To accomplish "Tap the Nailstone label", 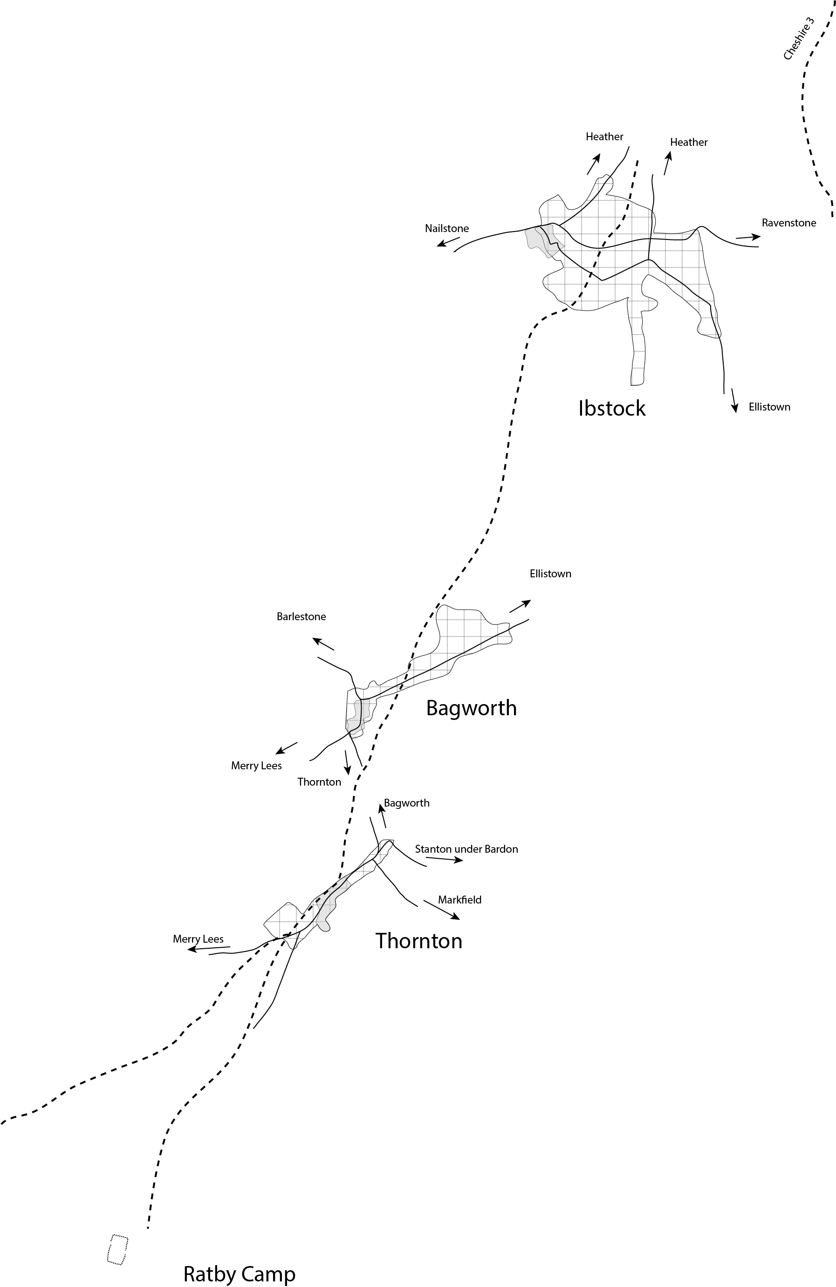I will [x=447, y=228].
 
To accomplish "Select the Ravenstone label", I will [x=788, y=223].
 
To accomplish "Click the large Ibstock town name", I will [x=611, y=408].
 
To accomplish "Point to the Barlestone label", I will [x=301, y=616].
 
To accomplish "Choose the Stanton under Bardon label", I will [x=466, y=849].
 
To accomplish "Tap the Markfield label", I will [x=459, y=900].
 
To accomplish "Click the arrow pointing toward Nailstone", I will [x=448, y=242].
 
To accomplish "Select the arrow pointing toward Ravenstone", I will [x=748, y=237].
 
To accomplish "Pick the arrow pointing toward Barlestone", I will [x=323, y=643].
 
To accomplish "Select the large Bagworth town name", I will [x=471, y=708].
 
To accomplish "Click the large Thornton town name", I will [x=418, y=941].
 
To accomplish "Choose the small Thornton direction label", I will [x=319, y=782].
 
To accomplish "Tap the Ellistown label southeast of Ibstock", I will [x=769, y=407].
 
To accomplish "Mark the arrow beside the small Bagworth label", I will [x=383, y=815].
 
